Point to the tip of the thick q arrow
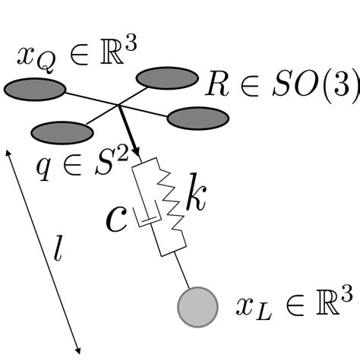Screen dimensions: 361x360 pyautogui.click(x=137, y=159)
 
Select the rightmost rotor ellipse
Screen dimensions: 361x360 pyautogui.click(x=197, y=118)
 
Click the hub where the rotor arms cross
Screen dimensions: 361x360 pyautogui.click(x=119, y=106)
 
